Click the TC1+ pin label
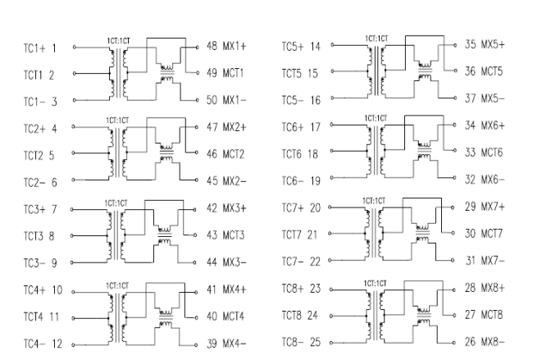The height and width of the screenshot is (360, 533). [34, 48]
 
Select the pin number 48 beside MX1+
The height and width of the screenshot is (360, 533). [212, 46]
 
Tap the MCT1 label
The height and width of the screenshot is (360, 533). [233, 73]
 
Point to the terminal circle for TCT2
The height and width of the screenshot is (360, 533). [73, 153]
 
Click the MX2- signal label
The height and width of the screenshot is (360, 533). [235, 181]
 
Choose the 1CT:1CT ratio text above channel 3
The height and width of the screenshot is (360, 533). [116, 203]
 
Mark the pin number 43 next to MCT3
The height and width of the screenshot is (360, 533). [212, 235]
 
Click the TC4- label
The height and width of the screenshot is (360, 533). [34, 344]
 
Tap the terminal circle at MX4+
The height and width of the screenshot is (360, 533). [197, 293]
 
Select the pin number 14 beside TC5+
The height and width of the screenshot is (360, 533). [315, 46]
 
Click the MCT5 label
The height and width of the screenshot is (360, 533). [491, 71]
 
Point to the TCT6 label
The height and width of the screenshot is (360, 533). [293, 154]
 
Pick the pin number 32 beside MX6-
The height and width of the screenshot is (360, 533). [471, 179]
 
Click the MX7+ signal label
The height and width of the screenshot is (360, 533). [493, 207]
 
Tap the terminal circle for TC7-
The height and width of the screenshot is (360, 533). [330, 261]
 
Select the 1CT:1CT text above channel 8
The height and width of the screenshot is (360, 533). [376, 284]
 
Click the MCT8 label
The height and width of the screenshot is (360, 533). [491, 314]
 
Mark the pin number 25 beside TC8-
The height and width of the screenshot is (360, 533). [315, 342]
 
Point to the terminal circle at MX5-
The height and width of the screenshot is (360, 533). [455, 98]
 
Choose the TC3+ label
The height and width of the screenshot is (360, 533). [34, 209]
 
